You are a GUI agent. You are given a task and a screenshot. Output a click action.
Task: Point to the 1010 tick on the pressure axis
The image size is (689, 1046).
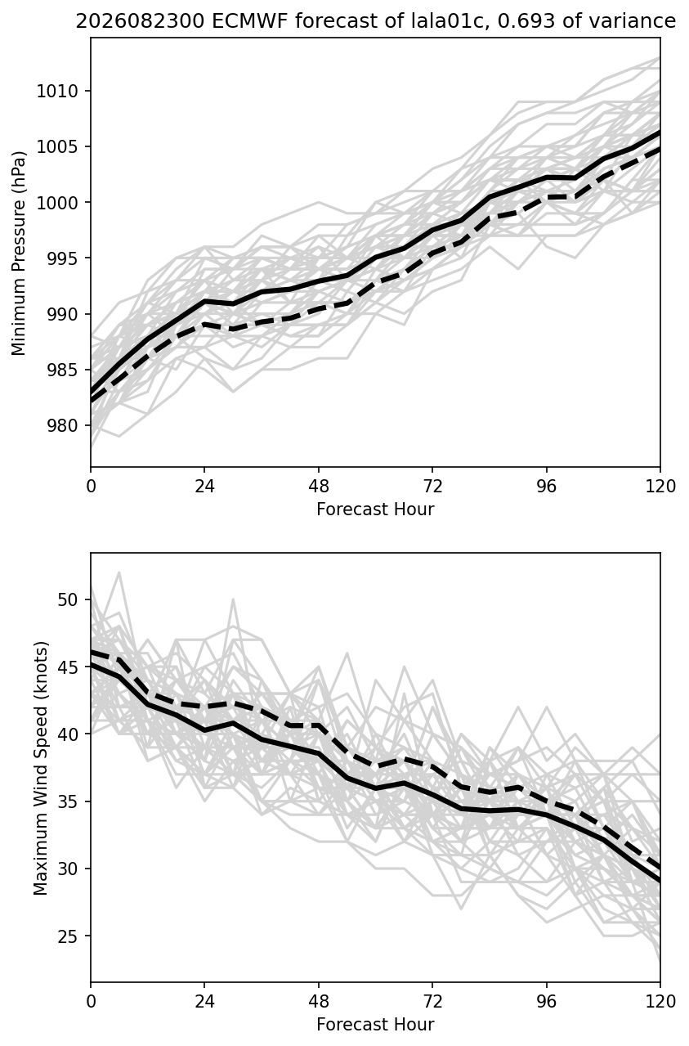[x=56, y=91]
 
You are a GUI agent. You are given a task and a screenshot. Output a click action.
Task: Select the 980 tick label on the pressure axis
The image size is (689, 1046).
[x=62, y=425]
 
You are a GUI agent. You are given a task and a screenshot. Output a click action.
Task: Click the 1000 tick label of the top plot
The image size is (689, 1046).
[x=56, y=202]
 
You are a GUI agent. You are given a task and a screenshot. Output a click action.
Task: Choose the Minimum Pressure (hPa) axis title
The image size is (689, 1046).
[x=19, y=254]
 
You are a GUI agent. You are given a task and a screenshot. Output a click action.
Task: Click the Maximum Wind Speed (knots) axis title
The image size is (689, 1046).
[x=41, y=769]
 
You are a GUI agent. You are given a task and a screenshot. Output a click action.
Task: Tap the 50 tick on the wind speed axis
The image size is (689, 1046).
[x=67, y=599]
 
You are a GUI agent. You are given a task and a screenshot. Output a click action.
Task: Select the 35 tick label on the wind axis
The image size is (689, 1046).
[x=67, y=801]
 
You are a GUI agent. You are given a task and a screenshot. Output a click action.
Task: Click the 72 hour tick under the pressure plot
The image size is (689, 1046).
[x=432, y=487]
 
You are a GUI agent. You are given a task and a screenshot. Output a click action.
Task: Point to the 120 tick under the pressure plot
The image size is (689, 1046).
[x=660, y=487]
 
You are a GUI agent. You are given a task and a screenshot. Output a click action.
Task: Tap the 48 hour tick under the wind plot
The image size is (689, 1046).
[x=319, y=1002]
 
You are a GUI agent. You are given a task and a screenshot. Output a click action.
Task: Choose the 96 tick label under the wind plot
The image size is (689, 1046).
[x=547, y=1002]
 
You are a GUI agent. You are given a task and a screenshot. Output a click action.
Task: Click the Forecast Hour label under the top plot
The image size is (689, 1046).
[x=375, y=509]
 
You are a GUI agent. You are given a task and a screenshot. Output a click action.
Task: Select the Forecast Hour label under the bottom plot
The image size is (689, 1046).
[x=375, y=1025]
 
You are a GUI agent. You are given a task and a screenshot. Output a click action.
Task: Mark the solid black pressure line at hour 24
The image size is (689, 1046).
[x=204, y=301]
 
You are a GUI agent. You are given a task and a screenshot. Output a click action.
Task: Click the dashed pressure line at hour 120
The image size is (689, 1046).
[x=660, y=149]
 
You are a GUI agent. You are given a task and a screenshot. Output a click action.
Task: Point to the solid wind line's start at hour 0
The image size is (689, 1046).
[x=92, y=663]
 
